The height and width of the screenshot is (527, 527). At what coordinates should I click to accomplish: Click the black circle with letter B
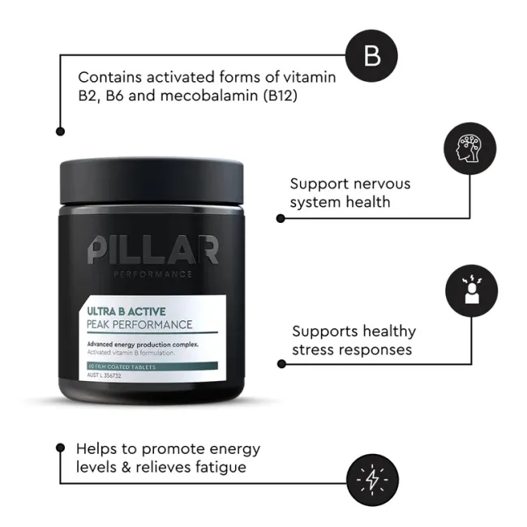[372, 56]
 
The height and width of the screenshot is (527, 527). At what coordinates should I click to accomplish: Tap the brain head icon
[470, 149]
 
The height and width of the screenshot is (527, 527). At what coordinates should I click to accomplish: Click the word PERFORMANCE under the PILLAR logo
[153, 274]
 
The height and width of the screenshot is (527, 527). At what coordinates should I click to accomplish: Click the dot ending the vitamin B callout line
[59, 131]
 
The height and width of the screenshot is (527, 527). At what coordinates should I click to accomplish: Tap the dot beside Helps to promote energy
[60, 447]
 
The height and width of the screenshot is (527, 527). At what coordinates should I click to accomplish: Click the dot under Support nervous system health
[281, 218]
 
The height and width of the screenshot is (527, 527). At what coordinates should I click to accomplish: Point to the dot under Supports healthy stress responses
[281, 364]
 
